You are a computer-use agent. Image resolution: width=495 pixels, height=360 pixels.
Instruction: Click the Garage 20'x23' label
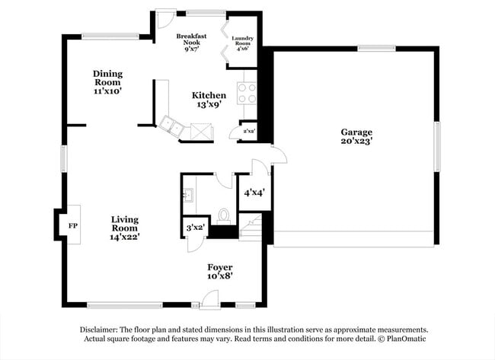356,136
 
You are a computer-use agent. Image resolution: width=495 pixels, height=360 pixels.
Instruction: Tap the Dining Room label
108,82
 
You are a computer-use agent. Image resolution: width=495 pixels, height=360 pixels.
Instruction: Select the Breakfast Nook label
191,43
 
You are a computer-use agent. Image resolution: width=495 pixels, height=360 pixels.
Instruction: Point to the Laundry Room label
243,43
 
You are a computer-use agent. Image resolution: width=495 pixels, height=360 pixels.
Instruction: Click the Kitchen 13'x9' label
208,100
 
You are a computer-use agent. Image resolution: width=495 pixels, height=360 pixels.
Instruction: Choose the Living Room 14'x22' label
124,228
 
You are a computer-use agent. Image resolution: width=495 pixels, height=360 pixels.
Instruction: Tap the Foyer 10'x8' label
220,272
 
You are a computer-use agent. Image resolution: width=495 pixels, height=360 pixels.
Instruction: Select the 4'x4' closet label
253,193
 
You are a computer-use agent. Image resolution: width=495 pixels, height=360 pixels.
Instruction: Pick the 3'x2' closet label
195,227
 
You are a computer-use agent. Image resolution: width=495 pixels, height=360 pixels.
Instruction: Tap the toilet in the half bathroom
224,215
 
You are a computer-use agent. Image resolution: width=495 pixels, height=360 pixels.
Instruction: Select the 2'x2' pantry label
248,131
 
